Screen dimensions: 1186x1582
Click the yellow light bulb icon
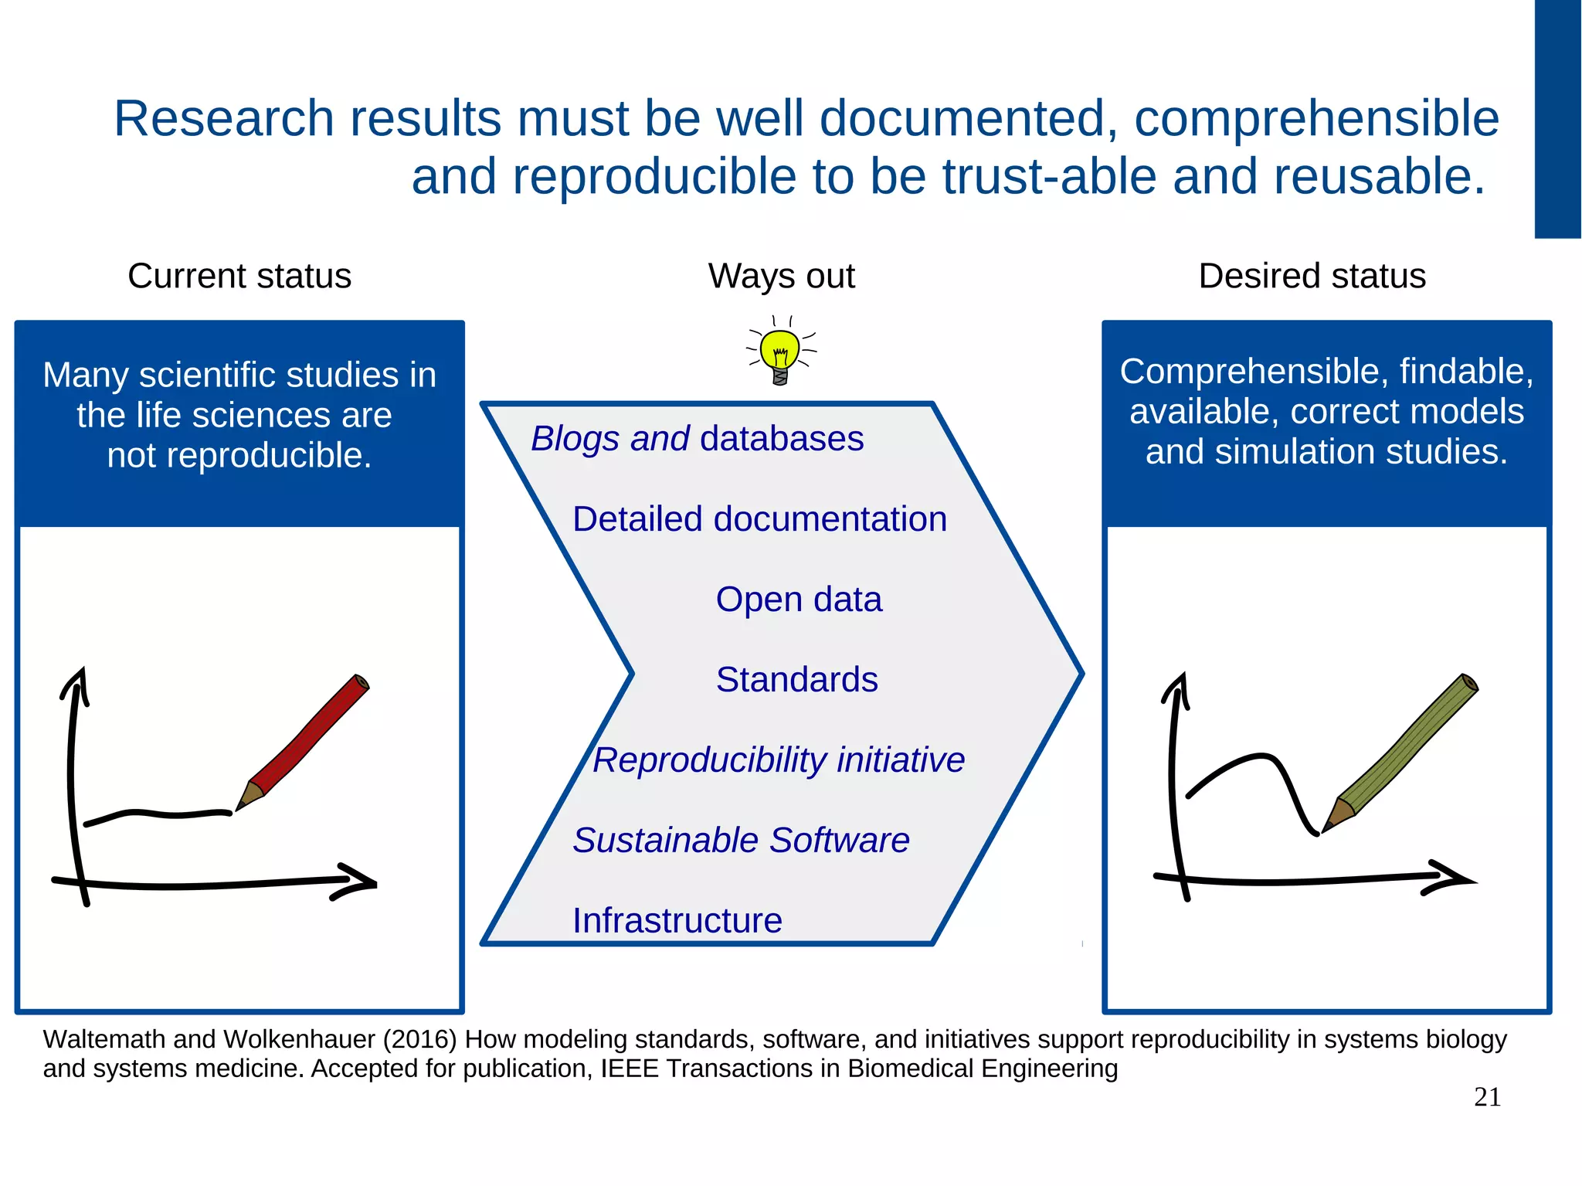point(779,352)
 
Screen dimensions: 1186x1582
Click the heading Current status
point(239,276)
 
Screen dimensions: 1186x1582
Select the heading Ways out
point(781,276)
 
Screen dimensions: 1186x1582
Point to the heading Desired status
point(1312,276)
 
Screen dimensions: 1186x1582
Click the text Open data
point(798,600)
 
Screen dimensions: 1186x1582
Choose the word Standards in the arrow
point(796,680)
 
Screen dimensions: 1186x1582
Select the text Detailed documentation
point(759,519)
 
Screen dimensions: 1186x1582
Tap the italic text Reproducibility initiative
point(779,760)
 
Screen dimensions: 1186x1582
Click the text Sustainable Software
point(741,841)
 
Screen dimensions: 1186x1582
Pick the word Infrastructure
point(677,921)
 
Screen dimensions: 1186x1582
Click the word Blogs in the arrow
point(575,439)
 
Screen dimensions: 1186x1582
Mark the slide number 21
point(1487,1097)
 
